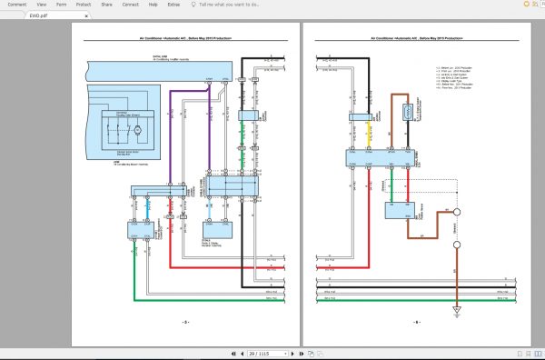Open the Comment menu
tap(17, 5)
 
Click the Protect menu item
tap(84, 5)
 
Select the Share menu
tap(106, 5)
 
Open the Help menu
tap(154, 5)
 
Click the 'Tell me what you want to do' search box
tap(234, 5)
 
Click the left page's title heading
tap(185, 39)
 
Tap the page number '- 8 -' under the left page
tap(185, 323)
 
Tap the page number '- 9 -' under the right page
tap(417, 323)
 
